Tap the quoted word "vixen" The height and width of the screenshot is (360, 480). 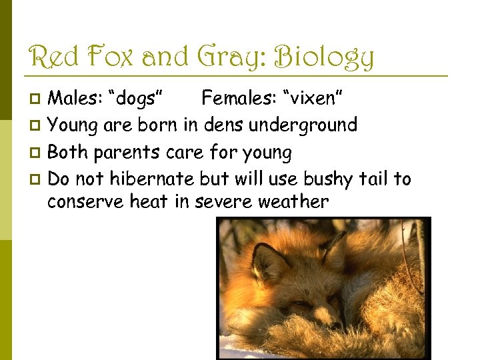pos(314,99)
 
